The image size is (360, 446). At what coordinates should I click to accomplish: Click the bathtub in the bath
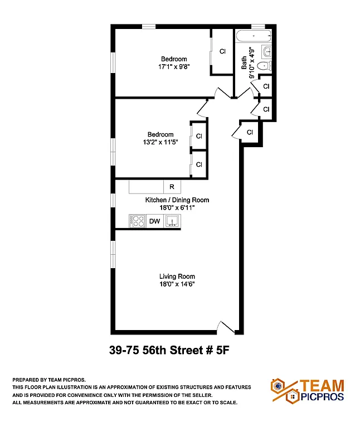[254, 38]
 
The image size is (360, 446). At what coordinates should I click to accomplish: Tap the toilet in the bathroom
[266, 66]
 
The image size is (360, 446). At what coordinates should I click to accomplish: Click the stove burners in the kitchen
[137, 221]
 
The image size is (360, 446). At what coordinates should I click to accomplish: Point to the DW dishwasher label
[154, 222]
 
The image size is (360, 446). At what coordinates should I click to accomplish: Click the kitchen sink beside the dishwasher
[173, 221]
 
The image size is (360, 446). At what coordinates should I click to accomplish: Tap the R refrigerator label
[172, 187]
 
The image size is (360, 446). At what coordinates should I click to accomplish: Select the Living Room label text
[177, 276]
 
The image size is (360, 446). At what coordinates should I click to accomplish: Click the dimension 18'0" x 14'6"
[177, 284]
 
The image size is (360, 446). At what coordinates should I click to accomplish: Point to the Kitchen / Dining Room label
[177, 200]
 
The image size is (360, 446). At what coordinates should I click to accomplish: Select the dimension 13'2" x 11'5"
[160, 142]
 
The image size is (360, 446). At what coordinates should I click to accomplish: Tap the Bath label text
[244, 62]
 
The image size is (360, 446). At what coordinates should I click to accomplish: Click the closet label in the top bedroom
[222, 51]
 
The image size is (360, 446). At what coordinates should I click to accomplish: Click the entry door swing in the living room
[226, 327]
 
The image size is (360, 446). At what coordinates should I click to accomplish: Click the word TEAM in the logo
[322, 385]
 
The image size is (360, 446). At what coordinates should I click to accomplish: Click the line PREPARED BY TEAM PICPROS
[49, 379]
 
